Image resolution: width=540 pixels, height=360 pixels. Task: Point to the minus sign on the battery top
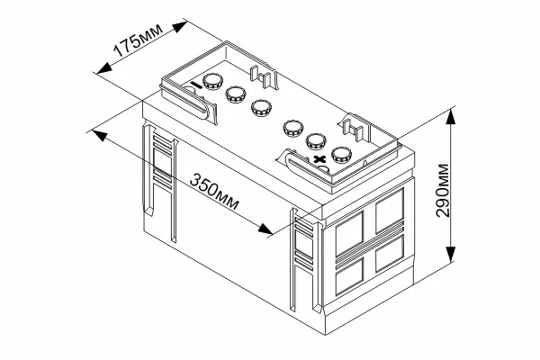click(x=193, y=85)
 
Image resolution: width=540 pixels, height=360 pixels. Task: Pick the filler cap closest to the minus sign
click(x=213, y=81)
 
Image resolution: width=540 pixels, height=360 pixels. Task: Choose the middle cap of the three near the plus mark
click(x=316, y=140)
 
